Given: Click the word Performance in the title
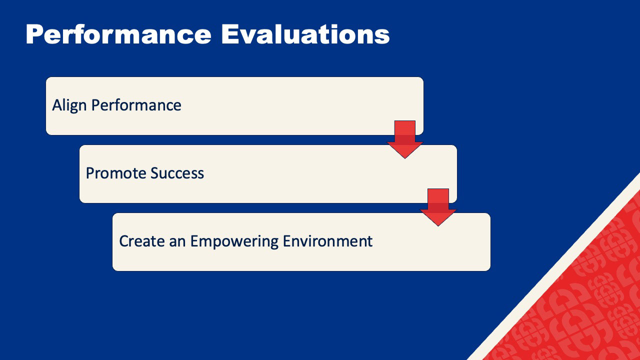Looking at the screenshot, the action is coord(118,34).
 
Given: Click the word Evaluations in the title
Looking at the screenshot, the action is coord(305,34).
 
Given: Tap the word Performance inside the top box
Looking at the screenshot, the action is coord(136,105).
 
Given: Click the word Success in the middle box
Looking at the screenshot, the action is coord(177,173).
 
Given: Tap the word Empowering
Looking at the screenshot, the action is coord(234,241).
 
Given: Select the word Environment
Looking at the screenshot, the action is coord(327,241).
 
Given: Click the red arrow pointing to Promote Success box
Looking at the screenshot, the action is coord(405,139).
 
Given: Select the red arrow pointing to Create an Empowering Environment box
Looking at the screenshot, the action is coord(438,207).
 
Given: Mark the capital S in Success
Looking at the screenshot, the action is coord(155,173).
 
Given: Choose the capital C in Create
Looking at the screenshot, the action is coord(124,241).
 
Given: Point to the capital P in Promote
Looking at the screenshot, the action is coord(90,173).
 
